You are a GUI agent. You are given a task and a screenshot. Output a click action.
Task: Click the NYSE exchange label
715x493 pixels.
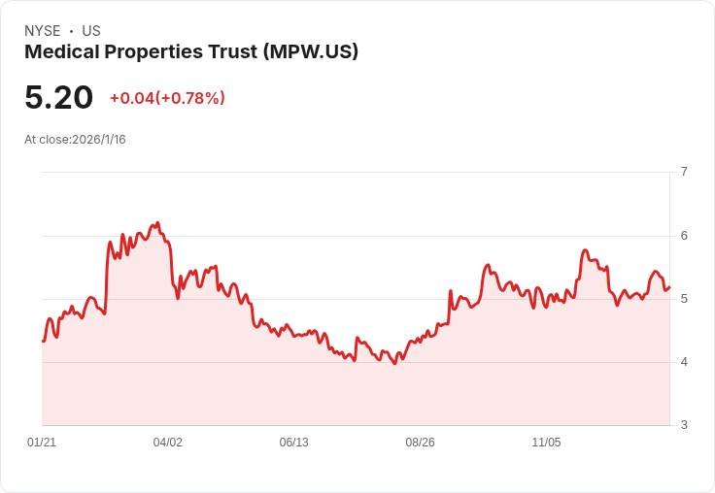(43, 31)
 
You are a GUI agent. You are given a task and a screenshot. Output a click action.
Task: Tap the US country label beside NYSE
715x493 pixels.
(91, 31)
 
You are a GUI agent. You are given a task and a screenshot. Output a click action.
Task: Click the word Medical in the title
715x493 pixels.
(62, 51)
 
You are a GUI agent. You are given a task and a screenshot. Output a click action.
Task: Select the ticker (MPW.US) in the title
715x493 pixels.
(311, 51)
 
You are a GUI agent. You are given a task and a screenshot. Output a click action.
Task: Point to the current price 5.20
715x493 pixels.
(59, 97)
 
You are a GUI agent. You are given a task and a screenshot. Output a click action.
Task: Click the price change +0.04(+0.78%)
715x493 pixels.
(167, 98)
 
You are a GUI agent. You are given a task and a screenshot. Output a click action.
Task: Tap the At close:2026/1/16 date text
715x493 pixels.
(75, 140)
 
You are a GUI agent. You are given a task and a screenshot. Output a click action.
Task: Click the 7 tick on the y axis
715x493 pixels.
(684, 172)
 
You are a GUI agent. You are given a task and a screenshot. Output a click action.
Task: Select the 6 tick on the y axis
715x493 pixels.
(684, 236)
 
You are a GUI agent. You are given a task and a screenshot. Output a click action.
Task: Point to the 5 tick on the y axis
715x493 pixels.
(684, 299)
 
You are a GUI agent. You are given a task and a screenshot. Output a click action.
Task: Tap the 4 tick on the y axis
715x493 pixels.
(684, 362)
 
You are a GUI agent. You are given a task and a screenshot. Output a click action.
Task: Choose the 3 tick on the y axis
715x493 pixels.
(684, 425)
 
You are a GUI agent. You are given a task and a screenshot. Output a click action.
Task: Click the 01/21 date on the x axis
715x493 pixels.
(42, 443)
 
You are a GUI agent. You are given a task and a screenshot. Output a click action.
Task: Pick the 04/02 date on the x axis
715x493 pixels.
(168, 443)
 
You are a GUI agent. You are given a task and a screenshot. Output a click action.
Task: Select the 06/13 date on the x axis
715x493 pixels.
(294, 443)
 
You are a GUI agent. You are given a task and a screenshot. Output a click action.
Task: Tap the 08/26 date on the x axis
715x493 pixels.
(420, 443)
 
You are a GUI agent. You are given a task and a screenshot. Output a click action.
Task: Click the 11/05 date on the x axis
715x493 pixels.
(546, 443)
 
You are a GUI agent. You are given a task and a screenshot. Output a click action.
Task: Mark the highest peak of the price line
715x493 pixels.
(157, 223)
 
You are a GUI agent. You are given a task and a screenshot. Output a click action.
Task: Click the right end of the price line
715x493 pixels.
(669, 287)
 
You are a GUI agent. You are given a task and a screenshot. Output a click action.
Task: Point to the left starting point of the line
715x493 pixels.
(43, 341)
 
